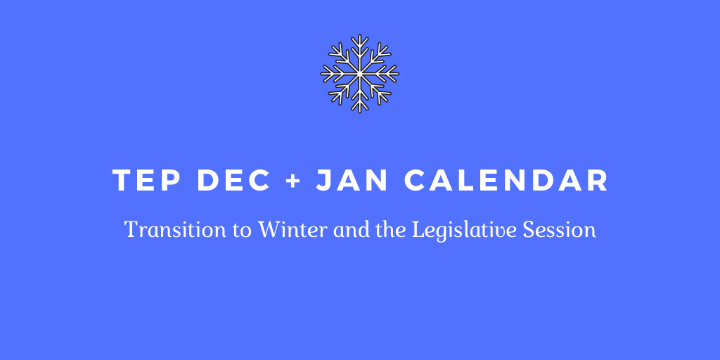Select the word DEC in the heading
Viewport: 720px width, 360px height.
tap(233, 181)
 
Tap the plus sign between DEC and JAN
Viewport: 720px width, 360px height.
tap(293, 181)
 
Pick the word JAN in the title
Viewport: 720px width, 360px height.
tap(352, 181)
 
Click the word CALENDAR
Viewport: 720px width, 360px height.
tap(506, 181)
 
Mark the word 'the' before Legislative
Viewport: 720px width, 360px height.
tap(390, 230)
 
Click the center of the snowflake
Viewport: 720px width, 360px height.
tap(359, 73)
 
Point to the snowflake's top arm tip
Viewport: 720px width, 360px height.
tap(359, 35)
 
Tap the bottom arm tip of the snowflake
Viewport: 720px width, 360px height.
tap(359, 112)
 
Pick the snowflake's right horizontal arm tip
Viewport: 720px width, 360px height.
tap(398, 73)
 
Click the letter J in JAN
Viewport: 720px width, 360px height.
tap(324, 181)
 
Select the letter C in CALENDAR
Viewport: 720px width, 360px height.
tap(415, 181)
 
